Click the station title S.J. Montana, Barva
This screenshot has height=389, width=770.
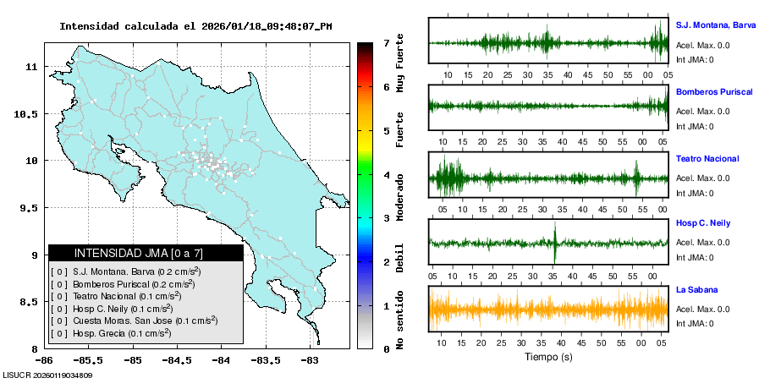click(x=715, y=25)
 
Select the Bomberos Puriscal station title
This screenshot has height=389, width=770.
click(x=714, y=91)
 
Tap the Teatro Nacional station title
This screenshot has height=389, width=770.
click(x=707, y=159)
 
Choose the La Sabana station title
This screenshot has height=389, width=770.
click(x=696, y=289)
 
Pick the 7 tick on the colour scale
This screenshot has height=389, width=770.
click(x=386, y=42)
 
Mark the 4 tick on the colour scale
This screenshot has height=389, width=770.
click(x=386, y=175)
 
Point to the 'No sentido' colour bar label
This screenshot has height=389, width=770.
click(x=399, y=321)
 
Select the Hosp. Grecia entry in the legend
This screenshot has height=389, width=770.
click(x=110, y=333)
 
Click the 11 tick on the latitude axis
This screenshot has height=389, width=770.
click(x=32, y=66)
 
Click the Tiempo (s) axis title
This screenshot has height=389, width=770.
click(x=548, y=357)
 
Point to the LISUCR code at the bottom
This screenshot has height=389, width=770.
click(x=47, y=375)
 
